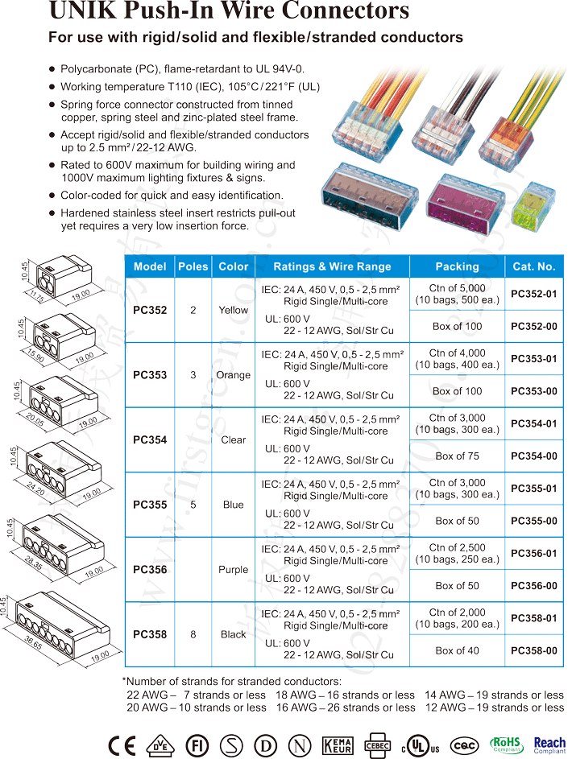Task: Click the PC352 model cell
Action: (150, 310)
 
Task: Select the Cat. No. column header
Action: (533, 266)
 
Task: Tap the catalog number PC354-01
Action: (533, 423)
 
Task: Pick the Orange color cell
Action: (233, 375)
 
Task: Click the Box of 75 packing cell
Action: (457, 456)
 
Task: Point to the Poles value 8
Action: (193, 634)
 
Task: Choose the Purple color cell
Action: (233, 569)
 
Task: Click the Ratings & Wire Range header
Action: (332, 266)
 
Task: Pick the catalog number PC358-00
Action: (533, 650)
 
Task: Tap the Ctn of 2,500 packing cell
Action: (457, 553)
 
